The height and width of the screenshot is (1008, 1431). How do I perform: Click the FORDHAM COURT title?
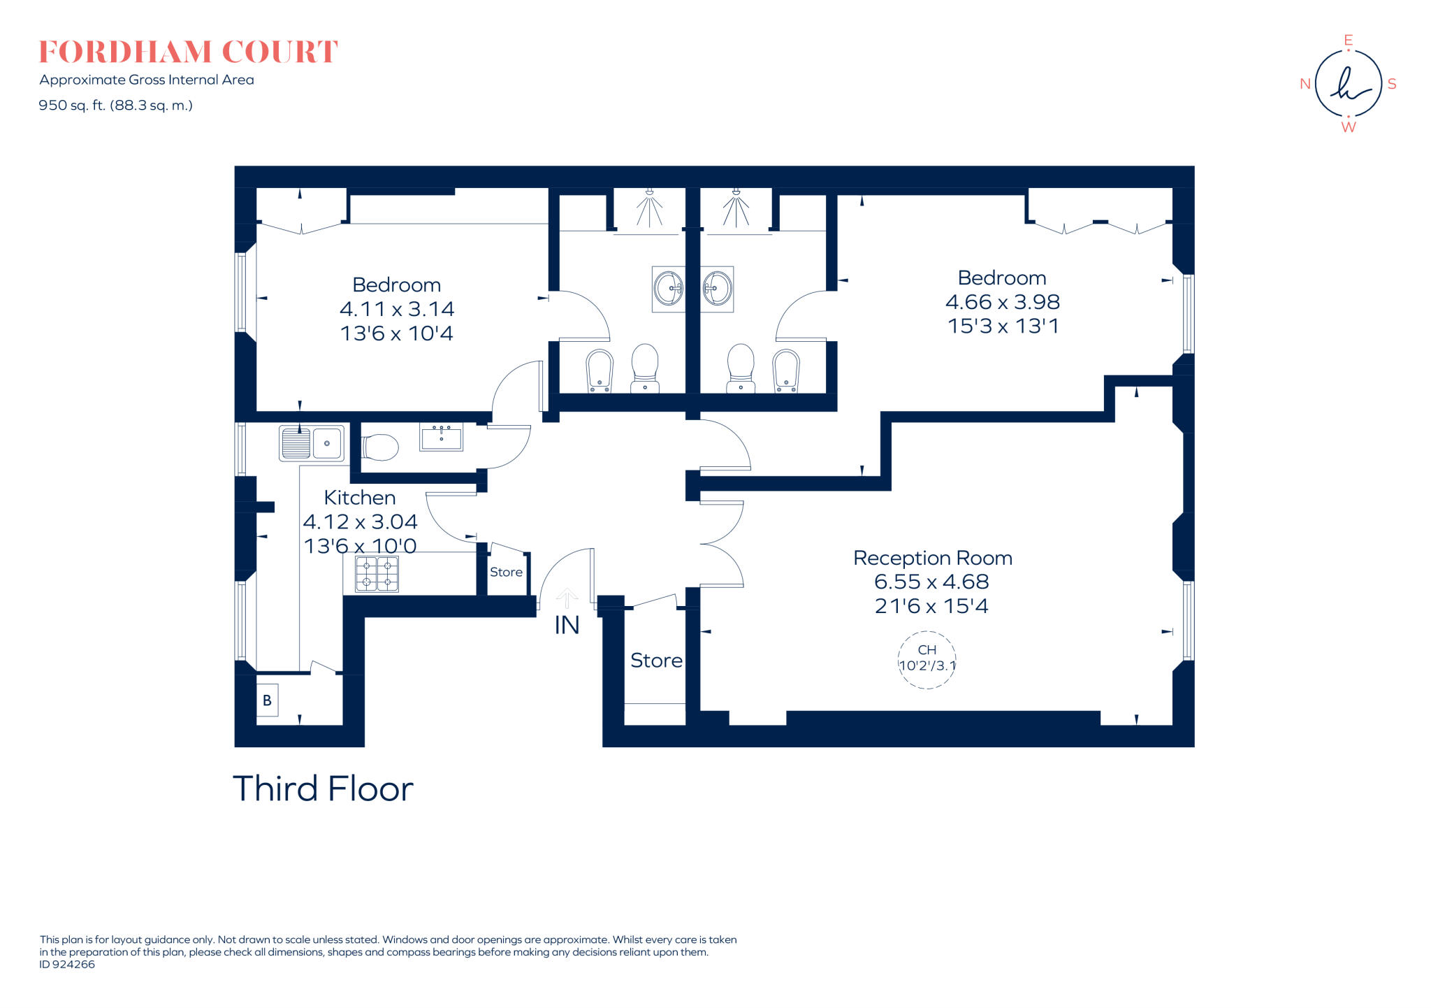[x=188, y=52]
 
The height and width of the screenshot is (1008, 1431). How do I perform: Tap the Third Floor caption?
[x=323, y=789]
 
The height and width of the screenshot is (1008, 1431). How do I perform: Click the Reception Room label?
[x=932, y=558]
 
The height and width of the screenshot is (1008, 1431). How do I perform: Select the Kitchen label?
[x=359, y=498]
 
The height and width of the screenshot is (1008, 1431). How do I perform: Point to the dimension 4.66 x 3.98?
[x=1002, y=302]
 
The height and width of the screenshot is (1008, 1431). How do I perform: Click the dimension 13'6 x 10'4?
[x=396, y=333]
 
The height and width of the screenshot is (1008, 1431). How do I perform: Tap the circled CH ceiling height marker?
[x=927, y=659]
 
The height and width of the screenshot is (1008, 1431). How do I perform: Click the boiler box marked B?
[x=267, y=700]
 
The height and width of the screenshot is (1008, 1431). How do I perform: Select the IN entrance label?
[x=567, y=625]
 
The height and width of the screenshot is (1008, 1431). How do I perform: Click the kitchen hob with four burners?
[x=377, y=574]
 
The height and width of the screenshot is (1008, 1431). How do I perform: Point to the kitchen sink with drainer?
[x=312, y=443]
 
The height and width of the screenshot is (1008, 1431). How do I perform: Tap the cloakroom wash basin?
[x=441, y=437]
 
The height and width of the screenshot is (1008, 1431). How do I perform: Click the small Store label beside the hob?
[x=506, y=572]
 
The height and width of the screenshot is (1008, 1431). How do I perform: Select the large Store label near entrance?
[x=655, y=661]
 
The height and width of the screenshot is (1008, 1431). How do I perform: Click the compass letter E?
[x=1348, y=40]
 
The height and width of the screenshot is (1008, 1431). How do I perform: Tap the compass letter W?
[x=1348, y=127]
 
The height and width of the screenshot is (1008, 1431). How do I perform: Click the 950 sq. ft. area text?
[x=115, y=106]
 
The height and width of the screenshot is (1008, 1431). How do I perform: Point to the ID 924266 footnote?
[x=67, y=965]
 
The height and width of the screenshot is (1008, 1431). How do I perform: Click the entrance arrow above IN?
[x=567, y=598]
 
